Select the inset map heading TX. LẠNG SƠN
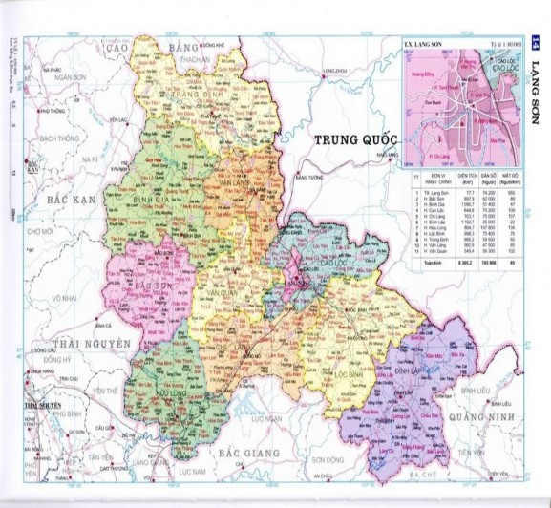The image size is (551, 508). click(x=418, y=44)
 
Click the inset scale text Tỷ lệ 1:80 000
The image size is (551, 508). click(x=504, y=44)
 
